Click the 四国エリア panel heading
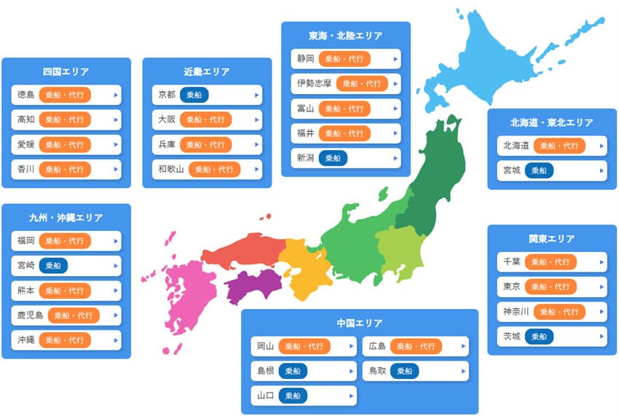tap(66, 71)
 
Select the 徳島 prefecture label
tap(25, 95)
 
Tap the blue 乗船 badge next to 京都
tap(194, 95)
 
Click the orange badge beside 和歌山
tap(215, 169)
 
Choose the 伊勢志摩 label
tap(314, 84)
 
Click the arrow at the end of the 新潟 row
tap(396, 158)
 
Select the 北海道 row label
tap(516, 146)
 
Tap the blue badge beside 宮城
tap(539, 170)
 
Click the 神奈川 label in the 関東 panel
tap(516, 312)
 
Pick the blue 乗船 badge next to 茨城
tap(539, 337)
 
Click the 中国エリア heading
tap(360, 323)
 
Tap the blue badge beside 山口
tap(292, 396)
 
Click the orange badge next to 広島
tap(417, 346)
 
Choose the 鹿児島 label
tap(30, 315)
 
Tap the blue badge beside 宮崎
tap(53, 266)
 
